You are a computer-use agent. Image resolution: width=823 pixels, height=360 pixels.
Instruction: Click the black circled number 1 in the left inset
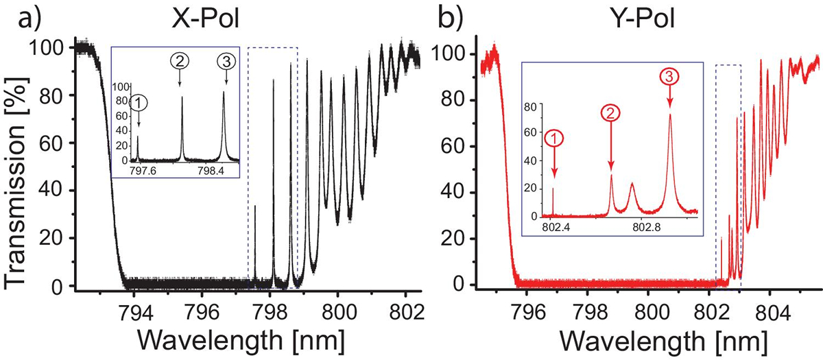click(139, 103)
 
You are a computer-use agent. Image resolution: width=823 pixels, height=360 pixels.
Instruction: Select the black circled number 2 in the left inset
click(180, 62)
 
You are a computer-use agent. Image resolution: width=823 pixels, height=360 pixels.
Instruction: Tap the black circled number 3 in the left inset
click(225, 62)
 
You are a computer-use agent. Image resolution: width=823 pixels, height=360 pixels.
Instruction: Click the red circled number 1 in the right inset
click(555, 139)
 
